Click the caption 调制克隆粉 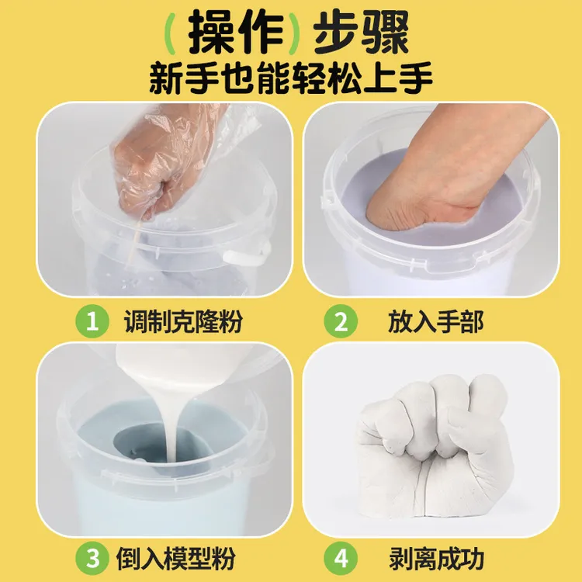183,322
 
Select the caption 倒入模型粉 183,558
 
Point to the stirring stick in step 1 134,241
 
